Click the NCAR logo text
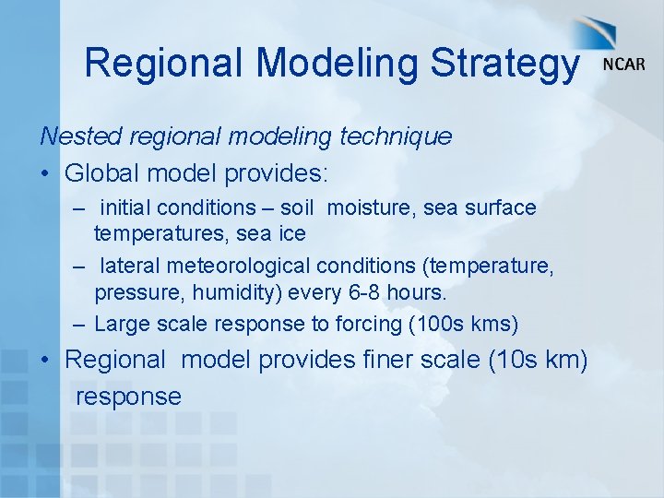[x=623, y=65]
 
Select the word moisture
[x=372, y=208]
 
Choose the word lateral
[x=130, y=267]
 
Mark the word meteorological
[x=238, y=267]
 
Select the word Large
[x=120, y=324]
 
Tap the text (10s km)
[x=539, y=359]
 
